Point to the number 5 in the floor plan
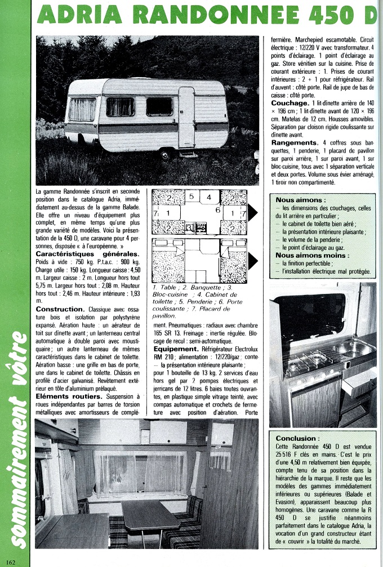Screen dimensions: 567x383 pos(191,197)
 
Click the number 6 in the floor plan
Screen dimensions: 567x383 pos(217,209)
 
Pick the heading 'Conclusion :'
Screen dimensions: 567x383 pos(297,438)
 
